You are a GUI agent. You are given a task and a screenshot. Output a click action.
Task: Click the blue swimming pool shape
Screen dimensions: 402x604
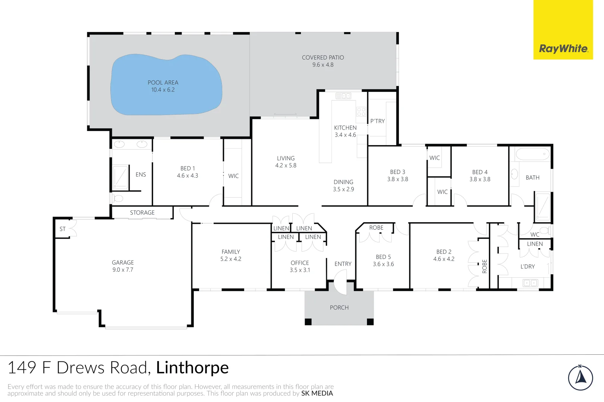[166, 85]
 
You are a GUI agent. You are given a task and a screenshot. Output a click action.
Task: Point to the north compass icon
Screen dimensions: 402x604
[580, 378]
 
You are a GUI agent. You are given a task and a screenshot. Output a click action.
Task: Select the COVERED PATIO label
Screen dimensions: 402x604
[323, 58]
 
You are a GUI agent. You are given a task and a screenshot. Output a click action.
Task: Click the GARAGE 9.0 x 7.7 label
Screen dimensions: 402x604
[123, 266]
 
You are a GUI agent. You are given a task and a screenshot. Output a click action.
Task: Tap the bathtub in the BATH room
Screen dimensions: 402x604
[532, 154]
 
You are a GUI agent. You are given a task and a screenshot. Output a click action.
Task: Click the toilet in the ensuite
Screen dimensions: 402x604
[117, 198]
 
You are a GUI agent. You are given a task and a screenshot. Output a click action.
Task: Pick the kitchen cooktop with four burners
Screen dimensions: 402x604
[361, 112]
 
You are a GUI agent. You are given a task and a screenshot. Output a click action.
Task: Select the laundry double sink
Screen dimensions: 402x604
[530, 283]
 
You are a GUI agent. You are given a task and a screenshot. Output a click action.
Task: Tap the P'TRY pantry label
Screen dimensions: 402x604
[377, 121]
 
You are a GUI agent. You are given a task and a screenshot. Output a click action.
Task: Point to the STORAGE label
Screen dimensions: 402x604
[142, 213]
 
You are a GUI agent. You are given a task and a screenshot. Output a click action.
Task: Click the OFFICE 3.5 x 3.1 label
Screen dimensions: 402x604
[300, 266]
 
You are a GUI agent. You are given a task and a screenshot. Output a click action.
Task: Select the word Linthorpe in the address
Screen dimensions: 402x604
[192, 368]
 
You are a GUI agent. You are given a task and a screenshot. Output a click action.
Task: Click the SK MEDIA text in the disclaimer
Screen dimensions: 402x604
[317, 393]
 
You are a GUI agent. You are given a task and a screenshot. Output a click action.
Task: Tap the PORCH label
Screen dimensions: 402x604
[339, 307]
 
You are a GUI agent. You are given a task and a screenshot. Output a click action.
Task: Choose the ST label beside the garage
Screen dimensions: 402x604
[63, 229]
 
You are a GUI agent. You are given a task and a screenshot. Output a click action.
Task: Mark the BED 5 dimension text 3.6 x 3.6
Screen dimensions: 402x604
[383, 264]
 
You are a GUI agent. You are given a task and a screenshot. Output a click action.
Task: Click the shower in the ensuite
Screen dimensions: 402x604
[120, 177]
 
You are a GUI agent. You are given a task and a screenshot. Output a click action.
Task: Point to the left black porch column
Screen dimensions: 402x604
[308, 322]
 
